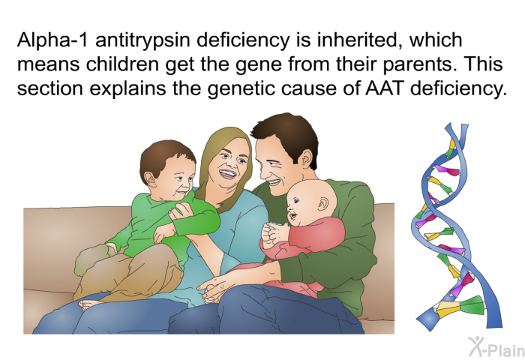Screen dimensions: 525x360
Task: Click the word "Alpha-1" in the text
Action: [53, 40]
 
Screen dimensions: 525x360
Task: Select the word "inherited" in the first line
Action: [360, 40]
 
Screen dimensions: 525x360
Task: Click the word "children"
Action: [122, 64]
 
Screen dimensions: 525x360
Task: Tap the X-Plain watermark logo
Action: [496, 347]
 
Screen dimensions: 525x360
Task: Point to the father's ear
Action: [307, 160]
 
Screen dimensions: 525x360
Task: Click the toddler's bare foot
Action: [91, 304]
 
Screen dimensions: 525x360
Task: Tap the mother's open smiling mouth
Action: [228, 174]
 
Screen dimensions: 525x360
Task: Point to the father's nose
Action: [265, 172]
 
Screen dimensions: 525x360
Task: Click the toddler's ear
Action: [151, 179]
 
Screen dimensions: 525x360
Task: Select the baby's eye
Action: [296, 200]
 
